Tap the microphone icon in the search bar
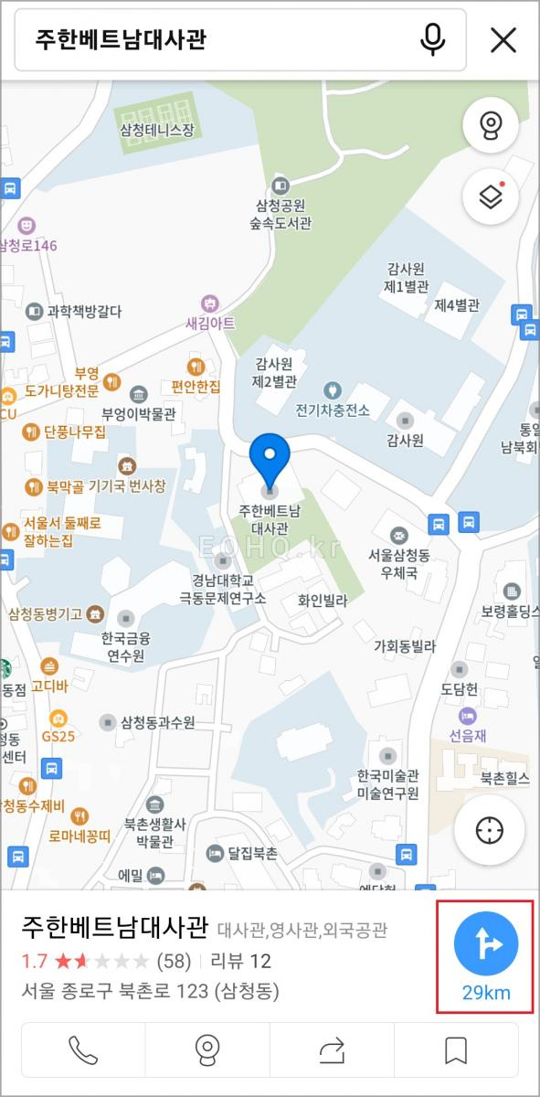[433, 39]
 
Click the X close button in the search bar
[503, 39]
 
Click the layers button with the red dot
[491, 197]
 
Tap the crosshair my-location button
[490, 830]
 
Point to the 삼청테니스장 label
[157, 130]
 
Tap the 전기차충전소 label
[333, 410]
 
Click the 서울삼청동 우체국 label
[399, 564]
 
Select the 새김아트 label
[210, 323]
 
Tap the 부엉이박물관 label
[139, 413]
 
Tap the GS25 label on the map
[58, 735]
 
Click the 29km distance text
[485, 993]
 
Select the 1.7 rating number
[35, 961]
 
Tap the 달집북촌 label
[252, 854]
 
